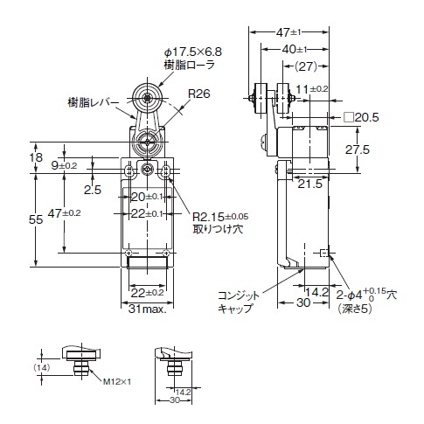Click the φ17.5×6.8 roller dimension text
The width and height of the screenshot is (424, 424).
tap(192, 52)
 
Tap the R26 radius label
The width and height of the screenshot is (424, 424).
tap(199, 94)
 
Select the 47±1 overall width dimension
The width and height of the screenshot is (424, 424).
tap(288, 32)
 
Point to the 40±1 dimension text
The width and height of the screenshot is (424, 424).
tap(295, 49)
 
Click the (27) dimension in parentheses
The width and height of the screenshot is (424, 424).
tap(306, 66)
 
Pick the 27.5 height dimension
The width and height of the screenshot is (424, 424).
tap(358, 149)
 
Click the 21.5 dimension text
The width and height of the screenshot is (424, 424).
tap(310, 184)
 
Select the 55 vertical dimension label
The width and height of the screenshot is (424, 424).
tap(36, 219)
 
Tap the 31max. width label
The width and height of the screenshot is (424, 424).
tap(148, 309)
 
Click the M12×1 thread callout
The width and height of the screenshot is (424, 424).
tap(117, 381)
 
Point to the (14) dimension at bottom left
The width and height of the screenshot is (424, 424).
tap(42, 368)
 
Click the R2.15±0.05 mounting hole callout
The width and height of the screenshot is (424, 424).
tap(220, 217)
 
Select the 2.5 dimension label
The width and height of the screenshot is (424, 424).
tap(93, 190)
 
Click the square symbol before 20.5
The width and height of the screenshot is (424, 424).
tap(349, 117)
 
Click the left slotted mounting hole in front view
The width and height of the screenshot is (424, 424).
tap(129, 170)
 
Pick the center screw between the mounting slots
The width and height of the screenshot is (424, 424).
tap(148, 169)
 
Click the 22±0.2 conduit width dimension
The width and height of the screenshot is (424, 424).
tap(147, 293)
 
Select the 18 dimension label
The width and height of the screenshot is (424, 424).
tap(36, 157)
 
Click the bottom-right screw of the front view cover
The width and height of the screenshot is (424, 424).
tap(166, 253)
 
